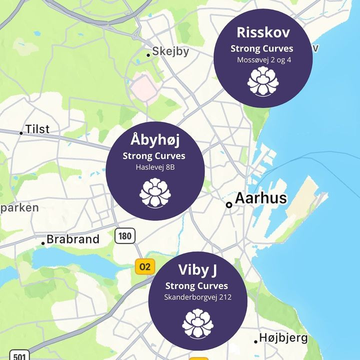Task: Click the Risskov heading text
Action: (263, 33)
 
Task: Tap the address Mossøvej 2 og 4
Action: (263, 59)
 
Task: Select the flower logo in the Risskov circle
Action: (263, 82)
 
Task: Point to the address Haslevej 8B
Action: (154, 166)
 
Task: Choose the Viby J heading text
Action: (197, 270)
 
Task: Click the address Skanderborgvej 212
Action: (197, 297)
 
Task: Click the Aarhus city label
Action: (260, 198)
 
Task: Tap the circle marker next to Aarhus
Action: (229, 204)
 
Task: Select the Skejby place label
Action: (170, 51)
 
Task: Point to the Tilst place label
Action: (37, 129)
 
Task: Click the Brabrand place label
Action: (73, 239)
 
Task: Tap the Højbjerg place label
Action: (283, 338)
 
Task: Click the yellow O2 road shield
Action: (144, 266)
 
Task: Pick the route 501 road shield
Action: (18, 356)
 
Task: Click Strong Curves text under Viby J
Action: (197, 286)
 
